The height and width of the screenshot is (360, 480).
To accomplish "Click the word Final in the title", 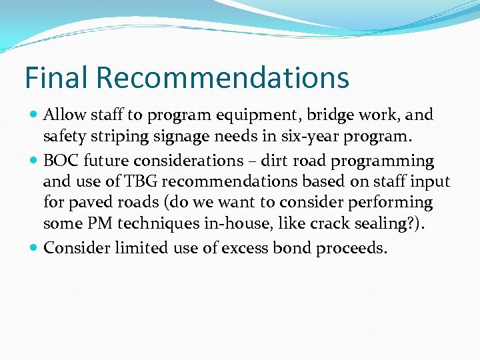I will pos(56,77).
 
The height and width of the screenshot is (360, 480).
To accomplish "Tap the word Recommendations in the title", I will pos(223,77).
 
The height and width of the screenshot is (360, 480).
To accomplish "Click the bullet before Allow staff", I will pos(34,115).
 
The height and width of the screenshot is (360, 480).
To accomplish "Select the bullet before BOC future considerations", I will pos(34,161).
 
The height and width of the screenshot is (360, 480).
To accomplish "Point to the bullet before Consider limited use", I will pos(34,249).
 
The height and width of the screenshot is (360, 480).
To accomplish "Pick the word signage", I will pos(173,137).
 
